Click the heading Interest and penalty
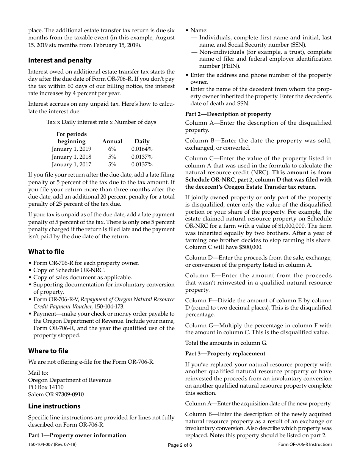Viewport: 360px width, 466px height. pos(60,60)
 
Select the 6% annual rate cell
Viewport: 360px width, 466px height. pos(112,149)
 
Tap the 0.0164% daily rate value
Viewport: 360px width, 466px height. pos(142,149)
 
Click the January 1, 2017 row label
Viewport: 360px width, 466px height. pos(71,164)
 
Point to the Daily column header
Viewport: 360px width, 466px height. pos(142,141)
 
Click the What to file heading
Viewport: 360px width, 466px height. pos(46,252)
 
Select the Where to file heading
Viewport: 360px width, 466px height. pos(48,351)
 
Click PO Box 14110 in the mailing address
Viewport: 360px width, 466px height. pos(46,387)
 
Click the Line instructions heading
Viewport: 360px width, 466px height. pos(54,406)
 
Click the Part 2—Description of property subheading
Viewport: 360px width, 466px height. pos(228,114)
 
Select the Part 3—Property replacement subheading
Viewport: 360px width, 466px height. pos(225,353)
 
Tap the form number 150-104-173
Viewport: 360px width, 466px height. pos(108,306)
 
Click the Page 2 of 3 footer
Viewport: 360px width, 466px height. pos(180,445)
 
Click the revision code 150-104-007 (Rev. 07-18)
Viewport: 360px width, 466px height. pos(52,444)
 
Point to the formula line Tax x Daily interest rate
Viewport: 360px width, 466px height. pos(101,122)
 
